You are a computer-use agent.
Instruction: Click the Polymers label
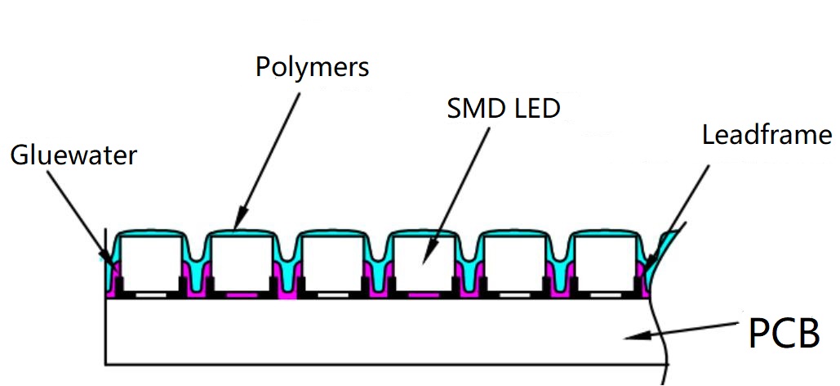[x=312, y=66]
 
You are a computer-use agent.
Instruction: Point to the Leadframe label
[x=766, y=135]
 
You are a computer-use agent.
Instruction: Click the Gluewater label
[x=73, y=155]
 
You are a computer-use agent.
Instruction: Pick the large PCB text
[x=784, y=333]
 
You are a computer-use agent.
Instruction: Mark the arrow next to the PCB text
[x=686, y=329]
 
